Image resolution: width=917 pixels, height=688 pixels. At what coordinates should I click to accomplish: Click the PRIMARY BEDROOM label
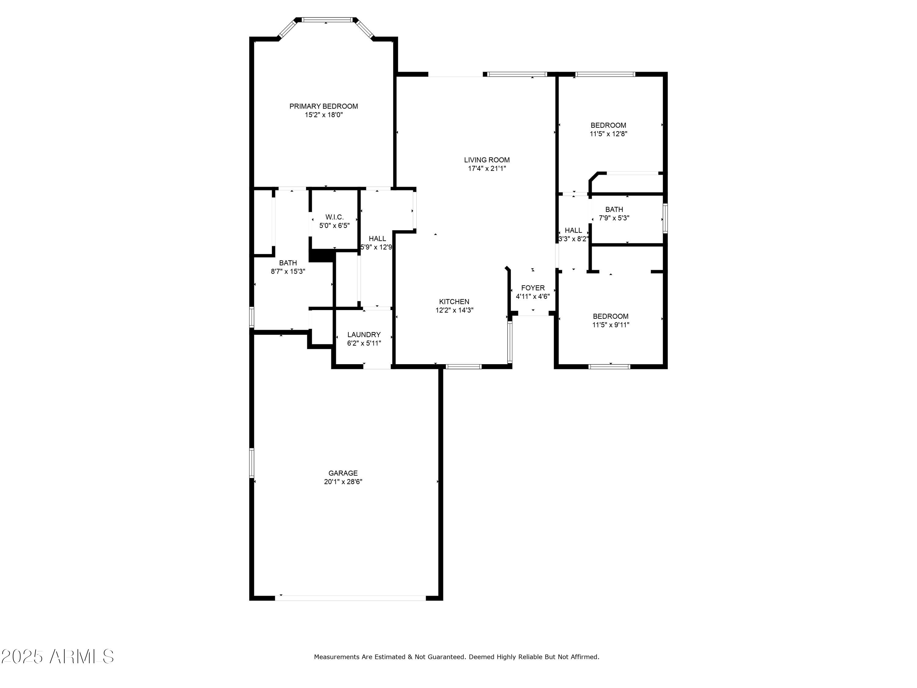pos(323,106)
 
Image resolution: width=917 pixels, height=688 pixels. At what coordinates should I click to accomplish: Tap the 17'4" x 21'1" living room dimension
pos(487,168)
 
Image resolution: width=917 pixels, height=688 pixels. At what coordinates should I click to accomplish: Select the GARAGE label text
pos(343,473)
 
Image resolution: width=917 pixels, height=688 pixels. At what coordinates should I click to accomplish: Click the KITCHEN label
pos(454,301)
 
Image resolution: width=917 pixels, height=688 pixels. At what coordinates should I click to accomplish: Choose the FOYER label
pos(533,288)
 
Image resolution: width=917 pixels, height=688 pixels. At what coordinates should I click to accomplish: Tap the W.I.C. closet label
pos(334,217)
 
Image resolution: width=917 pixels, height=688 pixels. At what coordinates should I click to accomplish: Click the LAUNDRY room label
pos(363,334)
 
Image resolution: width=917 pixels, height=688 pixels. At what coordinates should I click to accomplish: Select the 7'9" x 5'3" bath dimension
pos(614,218)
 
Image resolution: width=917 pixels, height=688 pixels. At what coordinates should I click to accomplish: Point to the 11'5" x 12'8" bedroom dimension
pos(608,134)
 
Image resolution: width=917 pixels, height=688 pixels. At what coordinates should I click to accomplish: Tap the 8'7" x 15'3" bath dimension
pos(288,271)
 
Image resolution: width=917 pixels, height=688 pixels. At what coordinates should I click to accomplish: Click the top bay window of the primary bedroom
pos(327,20)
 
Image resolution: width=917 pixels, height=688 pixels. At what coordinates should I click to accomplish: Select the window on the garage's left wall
pos(251,462)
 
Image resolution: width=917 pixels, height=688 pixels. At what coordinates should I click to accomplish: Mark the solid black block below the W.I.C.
pos(321,255)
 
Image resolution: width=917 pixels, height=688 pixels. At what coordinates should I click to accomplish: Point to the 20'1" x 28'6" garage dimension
pos(343,482)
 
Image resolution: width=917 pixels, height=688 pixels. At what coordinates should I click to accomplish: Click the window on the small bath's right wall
pos(665,218)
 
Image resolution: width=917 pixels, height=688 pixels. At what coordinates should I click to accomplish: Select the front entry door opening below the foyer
pos(533,315)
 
